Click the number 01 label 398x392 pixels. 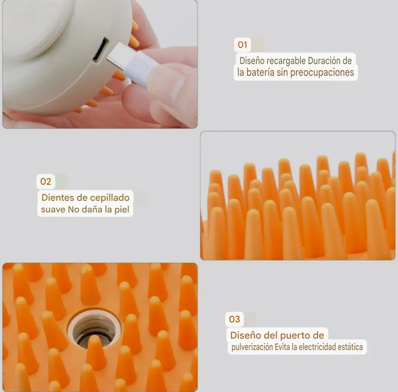(242, 45)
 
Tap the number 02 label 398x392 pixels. (46, 181)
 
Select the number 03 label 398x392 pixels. (234, 319)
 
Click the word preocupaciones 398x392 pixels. (322, 73)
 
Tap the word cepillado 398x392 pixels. (110, 198)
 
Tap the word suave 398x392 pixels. (53, 210)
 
